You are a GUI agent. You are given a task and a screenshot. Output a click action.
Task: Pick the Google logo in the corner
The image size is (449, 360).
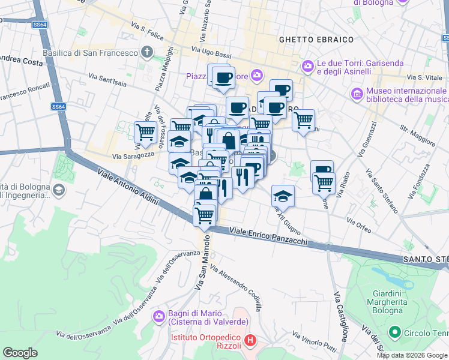[x=20, y=352]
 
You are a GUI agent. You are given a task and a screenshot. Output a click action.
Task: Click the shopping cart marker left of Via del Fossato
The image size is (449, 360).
[x=145, y=131]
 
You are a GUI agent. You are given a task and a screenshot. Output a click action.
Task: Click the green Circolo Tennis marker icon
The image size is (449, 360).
[x=395, y=331]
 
